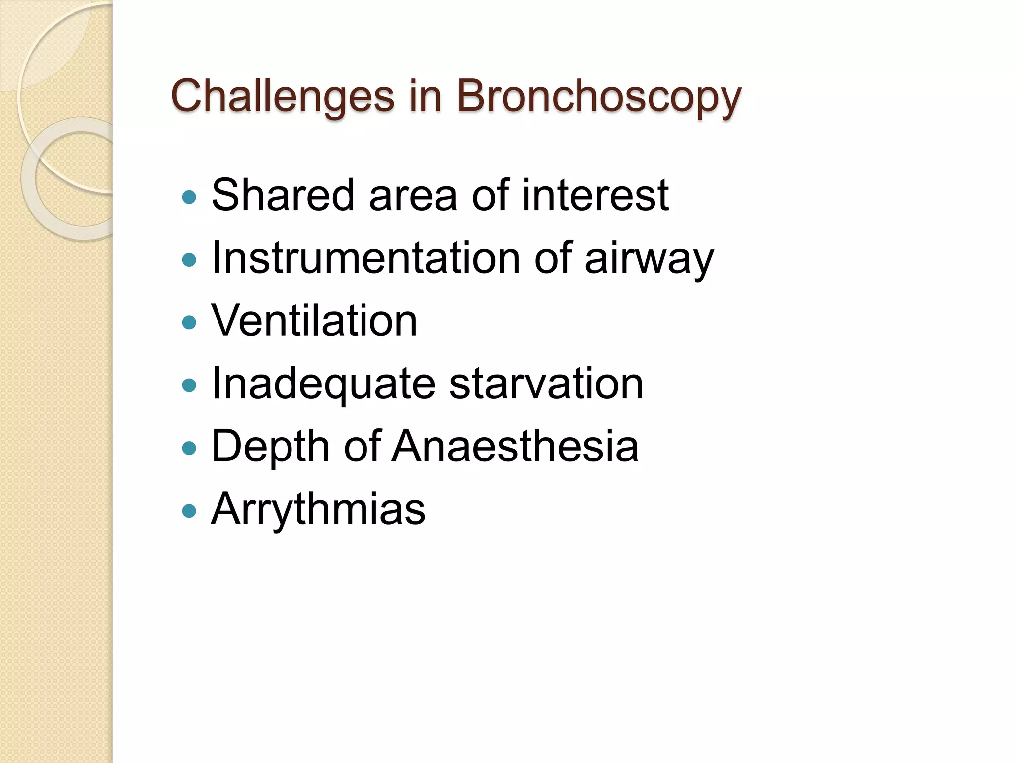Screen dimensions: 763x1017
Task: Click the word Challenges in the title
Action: [x=282, y=96]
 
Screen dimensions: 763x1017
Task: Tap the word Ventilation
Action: [x=314, y=321]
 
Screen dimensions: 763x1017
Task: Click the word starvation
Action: [x=546, y=384]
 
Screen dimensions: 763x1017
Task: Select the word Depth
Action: [x=270, y=447]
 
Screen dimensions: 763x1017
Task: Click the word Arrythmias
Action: [x=318, y=510]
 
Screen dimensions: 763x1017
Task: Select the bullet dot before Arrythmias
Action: [x=189, y=511]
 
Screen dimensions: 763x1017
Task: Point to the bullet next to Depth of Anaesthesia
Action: [x=189, y=449]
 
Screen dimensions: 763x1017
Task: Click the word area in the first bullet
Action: [x=413, y=196]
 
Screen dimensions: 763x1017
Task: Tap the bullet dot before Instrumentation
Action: [x=189, y=260]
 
